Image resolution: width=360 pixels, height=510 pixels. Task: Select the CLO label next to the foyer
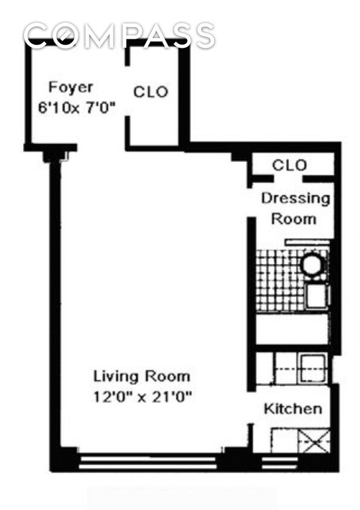tap(150, 92)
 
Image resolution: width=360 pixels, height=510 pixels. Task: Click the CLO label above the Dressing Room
tap(289, 165)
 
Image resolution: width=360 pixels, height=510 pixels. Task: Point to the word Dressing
tap(295, 198)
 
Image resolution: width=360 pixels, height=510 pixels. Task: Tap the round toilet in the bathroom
tap(313, 264)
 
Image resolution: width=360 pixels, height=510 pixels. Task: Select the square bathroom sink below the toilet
tap(317, 296)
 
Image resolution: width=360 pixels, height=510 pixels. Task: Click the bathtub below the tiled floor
tap(292, 329)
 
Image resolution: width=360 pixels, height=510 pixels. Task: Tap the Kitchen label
tap(292, 409)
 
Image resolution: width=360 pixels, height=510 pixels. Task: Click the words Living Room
tap(141, 376)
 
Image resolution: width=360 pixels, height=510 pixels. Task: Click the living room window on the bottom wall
tap(148, 462)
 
